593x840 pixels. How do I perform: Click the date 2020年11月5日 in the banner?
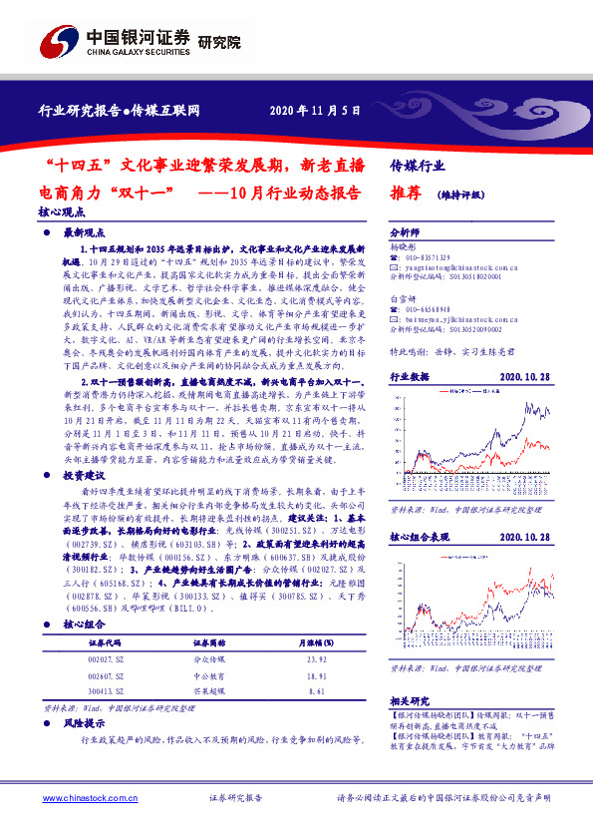click(x=314, y=110)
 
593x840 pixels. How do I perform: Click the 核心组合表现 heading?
click(x=420, y=537)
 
